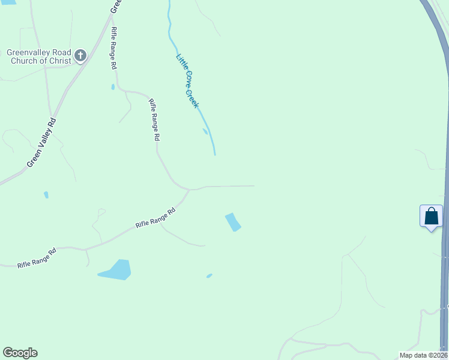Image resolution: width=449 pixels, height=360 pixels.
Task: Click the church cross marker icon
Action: click(80, 57)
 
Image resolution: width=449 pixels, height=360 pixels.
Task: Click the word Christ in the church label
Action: click(59, 61)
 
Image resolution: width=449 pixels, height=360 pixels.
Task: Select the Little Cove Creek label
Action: click(187, 80)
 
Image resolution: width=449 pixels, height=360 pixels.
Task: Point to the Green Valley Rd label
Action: click(42, 143)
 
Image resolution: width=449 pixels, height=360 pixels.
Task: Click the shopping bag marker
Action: click(431, 217)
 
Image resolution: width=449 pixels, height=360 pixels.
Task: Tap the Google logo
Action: click(20, 353)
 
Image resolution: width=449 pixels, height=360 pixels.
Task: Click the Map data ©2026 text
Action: click(424, 355)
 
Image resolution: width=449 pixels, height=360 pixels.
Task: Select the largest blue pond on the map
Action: click(116, 271)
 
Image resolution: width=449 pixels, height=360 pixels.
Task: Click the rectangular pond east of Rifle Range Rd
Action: click(233, 222)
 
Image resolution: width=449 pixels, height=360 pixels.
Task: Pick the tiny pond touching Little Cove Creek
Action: click(205, 131)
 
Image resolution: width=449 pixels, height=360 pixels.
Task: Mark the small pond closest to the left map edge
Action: click(46, 195)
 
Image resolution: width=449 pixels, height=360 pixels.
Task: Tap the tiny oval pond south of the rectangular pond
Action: click(209, 276)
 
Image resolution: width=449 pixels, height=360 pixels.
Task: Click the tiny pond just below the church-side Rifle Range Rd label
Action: click(113, 87)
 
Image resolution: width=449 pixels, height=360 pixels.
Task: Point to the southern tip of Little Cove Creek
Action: click(214, 154)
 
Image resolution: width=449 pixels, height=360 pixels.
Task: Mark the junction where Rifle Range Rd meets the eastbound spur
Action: click(190, 190)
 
